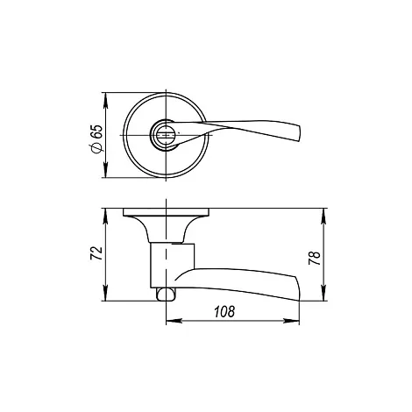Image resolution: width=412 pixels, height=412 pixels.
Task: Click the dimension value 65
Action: [97, 131]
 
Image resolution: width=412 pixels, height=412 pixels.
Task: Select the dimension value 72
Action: [96, 253]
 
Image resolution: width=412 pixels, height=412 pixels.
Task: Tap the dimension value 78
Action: [315, 258]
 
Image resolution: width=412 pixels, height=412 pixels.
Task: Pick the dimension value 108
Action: [224, 312]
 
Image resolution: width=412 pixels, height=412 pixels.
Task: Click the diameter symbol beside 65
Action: [97, 148]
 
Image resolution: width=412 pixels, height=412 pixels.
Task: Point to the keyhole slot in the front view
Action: [165, 135]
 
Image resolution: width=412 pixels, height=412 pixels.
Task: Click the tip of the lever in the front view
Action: [299, 134]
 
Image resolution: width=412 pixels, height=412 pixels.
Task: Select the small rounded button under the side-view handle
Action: [166, 294]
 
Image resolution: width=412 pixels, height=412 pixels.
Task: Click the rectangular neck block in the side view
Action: [172, 266]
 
